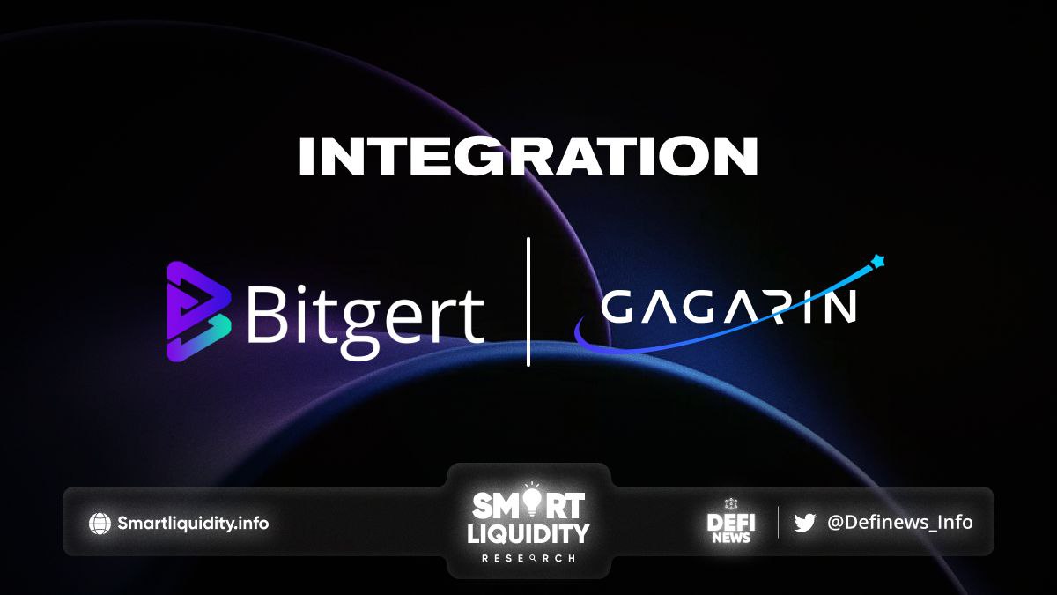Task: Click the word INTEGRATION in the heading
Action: coord(528,156)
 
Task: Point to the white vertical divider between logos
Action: coord(528,301)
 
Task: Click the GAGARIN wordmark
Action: coord(729,306)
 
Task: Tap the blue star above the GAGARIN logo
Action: coord(877,261)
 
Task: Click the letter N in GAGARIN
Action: coord(839,306)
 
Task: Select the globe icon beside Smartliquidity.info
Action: coord(100,524)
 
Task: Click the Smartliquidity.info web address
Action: coord(193,524)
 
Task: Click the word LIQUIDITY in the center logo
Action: coord(528,533)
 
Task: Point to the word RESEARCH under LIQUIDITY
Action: coord(528,558)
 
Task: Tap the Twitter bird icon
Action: coord(805,523)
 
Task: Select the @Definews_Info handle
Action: coord(900,522)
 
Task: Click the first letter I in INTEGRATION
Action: coord(307,156)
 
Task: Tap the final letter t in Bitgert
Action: coord(472,316)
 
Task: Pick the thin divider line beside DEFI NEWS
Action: coord(778,522)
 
